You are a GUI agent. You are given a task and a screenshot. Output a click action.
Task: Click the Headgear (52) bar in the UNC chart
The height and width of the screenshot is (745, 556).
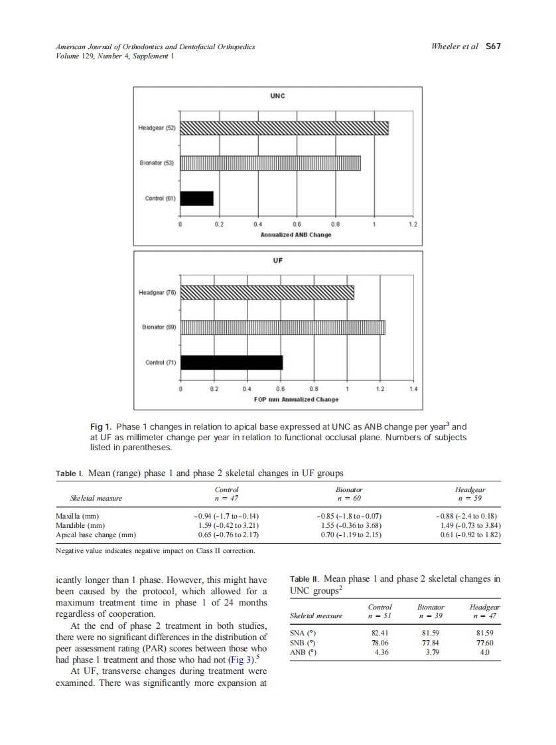[285, 127]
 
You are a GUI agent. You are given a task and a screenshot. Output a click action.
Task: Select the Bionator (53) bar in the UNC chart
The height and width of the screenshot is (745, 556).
[271, 163]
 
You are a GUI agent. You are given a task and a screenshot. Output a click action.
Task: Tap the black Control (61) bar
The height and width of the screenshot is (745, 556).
[197, 199]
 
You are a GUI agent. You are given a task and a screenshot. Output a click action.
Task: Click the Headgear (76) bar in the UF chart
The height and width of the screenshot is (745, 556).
[267, 293]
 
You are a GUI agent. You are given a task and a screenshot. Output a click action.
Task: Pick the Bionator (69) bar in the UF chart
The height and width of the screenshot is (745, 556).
[283, 327]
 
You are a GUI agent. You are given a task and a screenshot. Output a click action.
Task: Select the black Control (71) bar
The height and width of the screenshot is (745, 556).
[232, 363]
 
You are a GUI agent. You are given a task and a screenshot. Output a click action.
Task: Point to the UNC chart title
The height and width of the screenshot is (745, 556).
[277, 96]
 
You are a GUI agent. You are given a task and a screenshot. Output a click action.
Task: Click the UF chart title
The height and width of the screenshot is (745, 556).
[277, 260]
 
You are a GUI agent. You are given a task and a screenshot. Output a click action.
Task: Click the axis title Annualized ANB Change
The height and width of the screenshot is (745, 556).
[296, 235]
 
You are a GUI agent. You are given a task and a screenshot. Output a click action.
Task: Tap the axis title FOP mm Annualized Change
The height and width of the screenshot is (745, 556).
[296, 400]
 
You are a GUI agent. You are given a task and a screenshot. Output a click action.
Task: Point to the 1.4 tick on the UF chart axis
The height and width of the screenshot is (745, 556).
[413, 388]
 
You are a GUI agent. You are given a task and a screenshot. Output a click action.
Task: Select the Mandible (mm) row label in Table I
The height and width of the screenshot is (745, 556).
[77, 525]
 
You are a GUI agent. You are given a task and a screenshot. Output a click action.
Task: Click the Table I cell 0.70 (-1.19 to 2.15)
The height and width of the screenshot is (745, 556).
[350, 534]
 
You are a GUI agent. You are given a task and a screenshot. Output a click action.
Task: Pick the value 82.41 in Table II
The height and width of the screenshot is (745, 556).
[380, 633]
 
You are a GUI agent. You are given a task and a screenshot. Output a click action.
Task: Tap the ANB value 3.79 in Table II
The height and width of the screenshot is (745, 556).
[432, 652]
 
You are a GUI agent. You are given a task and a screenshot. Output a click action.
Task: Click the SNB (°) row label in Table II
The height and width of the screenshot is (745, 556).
[302, 643]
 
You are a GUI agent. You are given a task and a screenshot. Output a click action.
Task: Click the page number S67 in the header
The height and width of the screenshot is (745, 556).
[493, 47]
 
